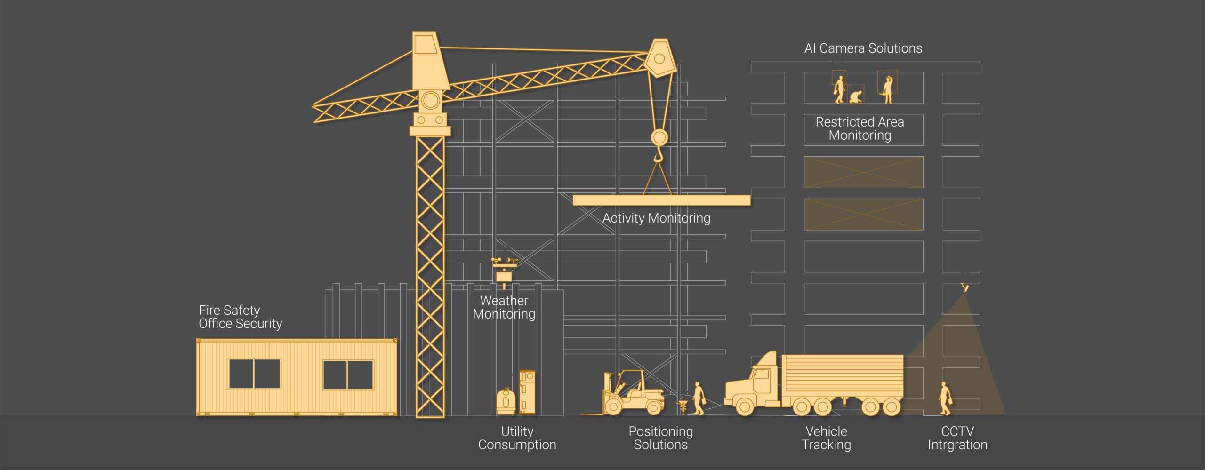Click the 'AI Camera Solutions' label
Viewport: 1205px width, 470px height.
tap(863, 48)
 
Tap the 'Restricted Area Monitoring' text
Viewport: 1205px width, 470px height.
tap(860, 128)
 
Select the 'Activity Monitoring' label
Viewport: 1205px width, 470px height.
tap(657, 218)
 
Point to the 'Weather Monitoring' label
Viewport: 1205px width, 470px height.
tap(504, 307)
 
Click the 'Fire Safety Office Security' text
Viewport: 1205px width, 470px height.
tap(240, 317)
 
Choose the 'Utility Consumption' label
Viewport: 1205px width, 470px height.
tap(517, 438)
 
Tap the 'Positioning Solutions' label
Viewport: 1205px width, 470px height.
tap(661, 438)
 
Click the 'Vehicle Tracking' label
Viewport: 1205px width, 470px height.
tap(827, 438)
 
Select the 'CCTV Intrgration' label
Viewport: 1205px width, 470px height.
tap(957, 438)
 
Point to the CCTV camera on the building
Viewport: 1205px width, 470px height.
tap(965, 286)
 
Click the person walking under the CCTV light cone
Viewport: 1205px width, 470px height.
tap(945, 398)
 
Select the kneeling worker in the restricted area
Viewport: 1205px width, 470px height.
tap(856, 97)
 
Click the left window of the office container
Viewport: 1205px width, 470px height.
tap(254, 374)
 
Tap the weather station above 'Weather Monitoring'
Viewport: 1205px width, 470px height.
tap(504, 271)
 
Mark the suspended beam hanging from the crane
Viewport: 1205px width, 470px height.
tap(661, 200)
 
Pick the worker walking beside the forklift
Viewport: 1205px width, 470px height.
tap(699, 398)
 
